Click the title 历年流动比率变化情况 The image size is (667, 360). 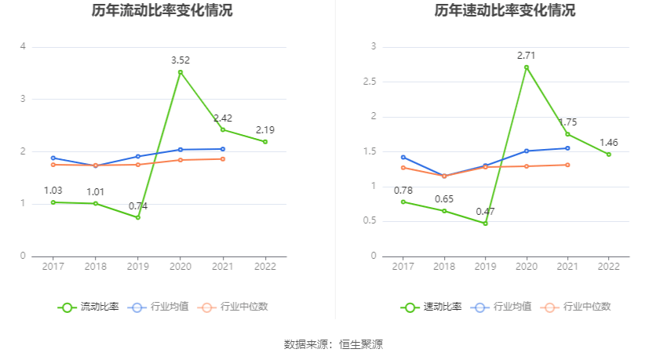point(162,11)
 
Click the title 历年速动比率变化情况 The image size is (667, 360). point(505,11)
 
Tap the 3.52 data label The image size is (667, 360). point(180,60)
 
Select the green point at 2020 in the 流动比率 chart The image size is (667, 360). point(180,72)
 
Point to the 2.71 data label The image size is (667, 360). point(527,55)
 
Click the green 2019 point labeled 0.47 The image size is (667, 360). point(485,224)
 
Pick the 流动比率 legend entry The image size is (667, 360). point(89,307)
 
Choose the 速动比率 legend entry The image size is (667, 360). point(432,307)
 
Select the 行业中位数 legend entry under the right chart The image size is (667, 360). point(579,307)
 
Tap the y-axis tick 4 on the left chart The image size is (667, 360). point(24,47)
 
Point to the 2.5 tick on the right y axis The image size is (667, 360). point(369,82)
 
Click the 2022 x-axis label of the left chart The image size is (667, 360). point(265,267)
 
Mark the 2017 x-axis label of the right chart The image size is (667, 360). point(403,267)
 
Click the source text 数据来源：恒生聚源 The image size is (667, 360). point(333,344)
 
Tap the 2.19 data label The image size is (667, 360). point(265,129)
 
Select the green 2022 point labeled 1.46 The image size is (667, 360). point(609,155)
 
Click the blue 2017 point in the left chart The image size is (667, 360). point(53,158)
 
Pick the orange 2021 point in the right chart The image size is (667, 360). point(567,165)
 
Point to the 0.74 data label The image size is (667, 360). point(138,206)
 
